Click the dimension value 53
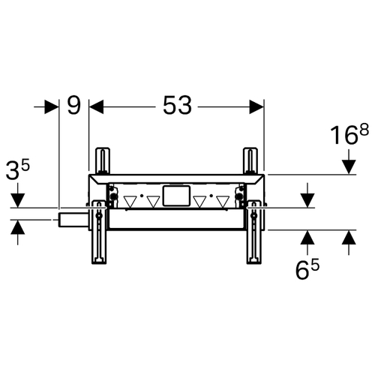pos(177,105)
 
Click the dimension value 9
pos(74,105)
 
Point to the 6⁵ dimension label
pos(307,269)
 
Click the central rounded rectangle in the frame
pos(176,196)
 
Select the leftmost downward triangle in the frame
pos(130,202)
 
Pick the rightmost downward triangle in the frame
pos(223,202)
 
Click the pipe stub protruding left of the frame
pos(73,220)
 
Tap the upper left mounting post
pos(102,160)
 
